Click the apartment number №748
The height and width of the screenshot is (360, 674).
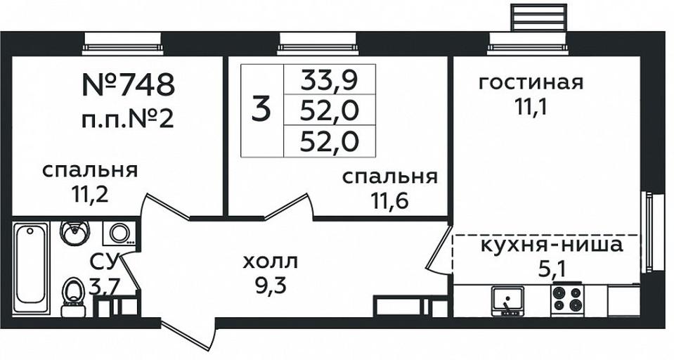coord(128,84)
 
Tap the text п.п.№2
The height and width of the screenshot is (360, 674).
coord(128,119)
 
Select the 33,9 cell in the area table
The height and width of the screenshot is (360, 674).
coord(329,79)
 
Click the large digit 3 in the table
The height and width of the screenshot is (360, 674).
coord(261,110)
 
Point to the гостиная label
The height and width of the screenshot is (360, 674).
coord(531,82)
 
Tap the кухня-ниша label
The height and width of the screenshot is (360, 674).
coord(551,245)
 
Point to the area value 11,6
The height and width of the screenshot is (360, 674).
coord(389,200)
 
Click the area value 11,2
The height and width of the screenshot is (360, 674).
coord(90,195)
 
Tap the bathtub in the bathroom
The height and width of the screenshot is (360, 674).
coord(30,266)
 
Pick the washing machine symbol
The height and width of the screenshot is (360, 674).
coord(118,233)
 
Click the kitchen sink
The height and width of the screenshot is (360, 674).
coord(507,300)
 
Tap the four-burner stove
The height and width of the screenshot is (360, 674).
coord(566,299)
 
